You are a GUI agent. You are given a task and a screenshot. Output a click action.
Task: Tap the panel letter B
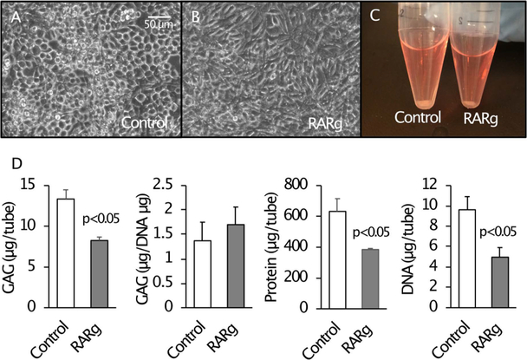pos(196,16)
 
